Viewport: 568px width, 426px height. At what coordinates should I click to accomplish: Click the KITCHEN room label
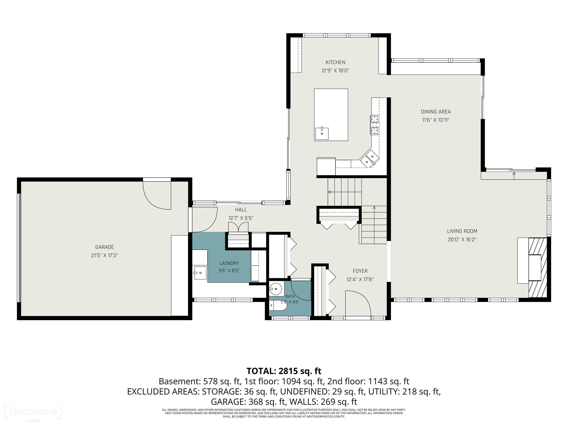335,62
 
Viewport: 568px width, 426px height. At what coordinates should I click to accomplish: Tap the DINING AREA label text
436,112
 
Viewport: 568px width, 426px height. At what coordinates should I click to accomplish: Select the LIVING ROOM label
462,231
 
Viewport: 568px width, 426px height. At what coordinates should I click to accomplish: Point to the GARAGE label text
104,247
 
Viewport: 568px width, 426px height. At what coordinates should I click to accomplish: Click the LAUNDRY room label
229,263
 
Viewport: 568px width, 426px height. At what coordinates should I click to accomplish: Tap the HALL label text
241,210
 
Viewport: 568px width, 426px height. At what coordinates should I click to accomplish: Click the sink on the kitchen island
322,133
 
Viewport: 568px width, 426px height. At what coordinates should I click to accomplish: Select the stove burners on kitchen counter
375,125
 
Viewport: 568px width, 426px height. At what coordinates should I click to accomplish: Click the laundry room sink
200,273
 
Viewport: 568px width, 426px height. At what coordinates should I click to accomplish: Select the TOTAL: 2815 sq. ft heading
284,371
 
